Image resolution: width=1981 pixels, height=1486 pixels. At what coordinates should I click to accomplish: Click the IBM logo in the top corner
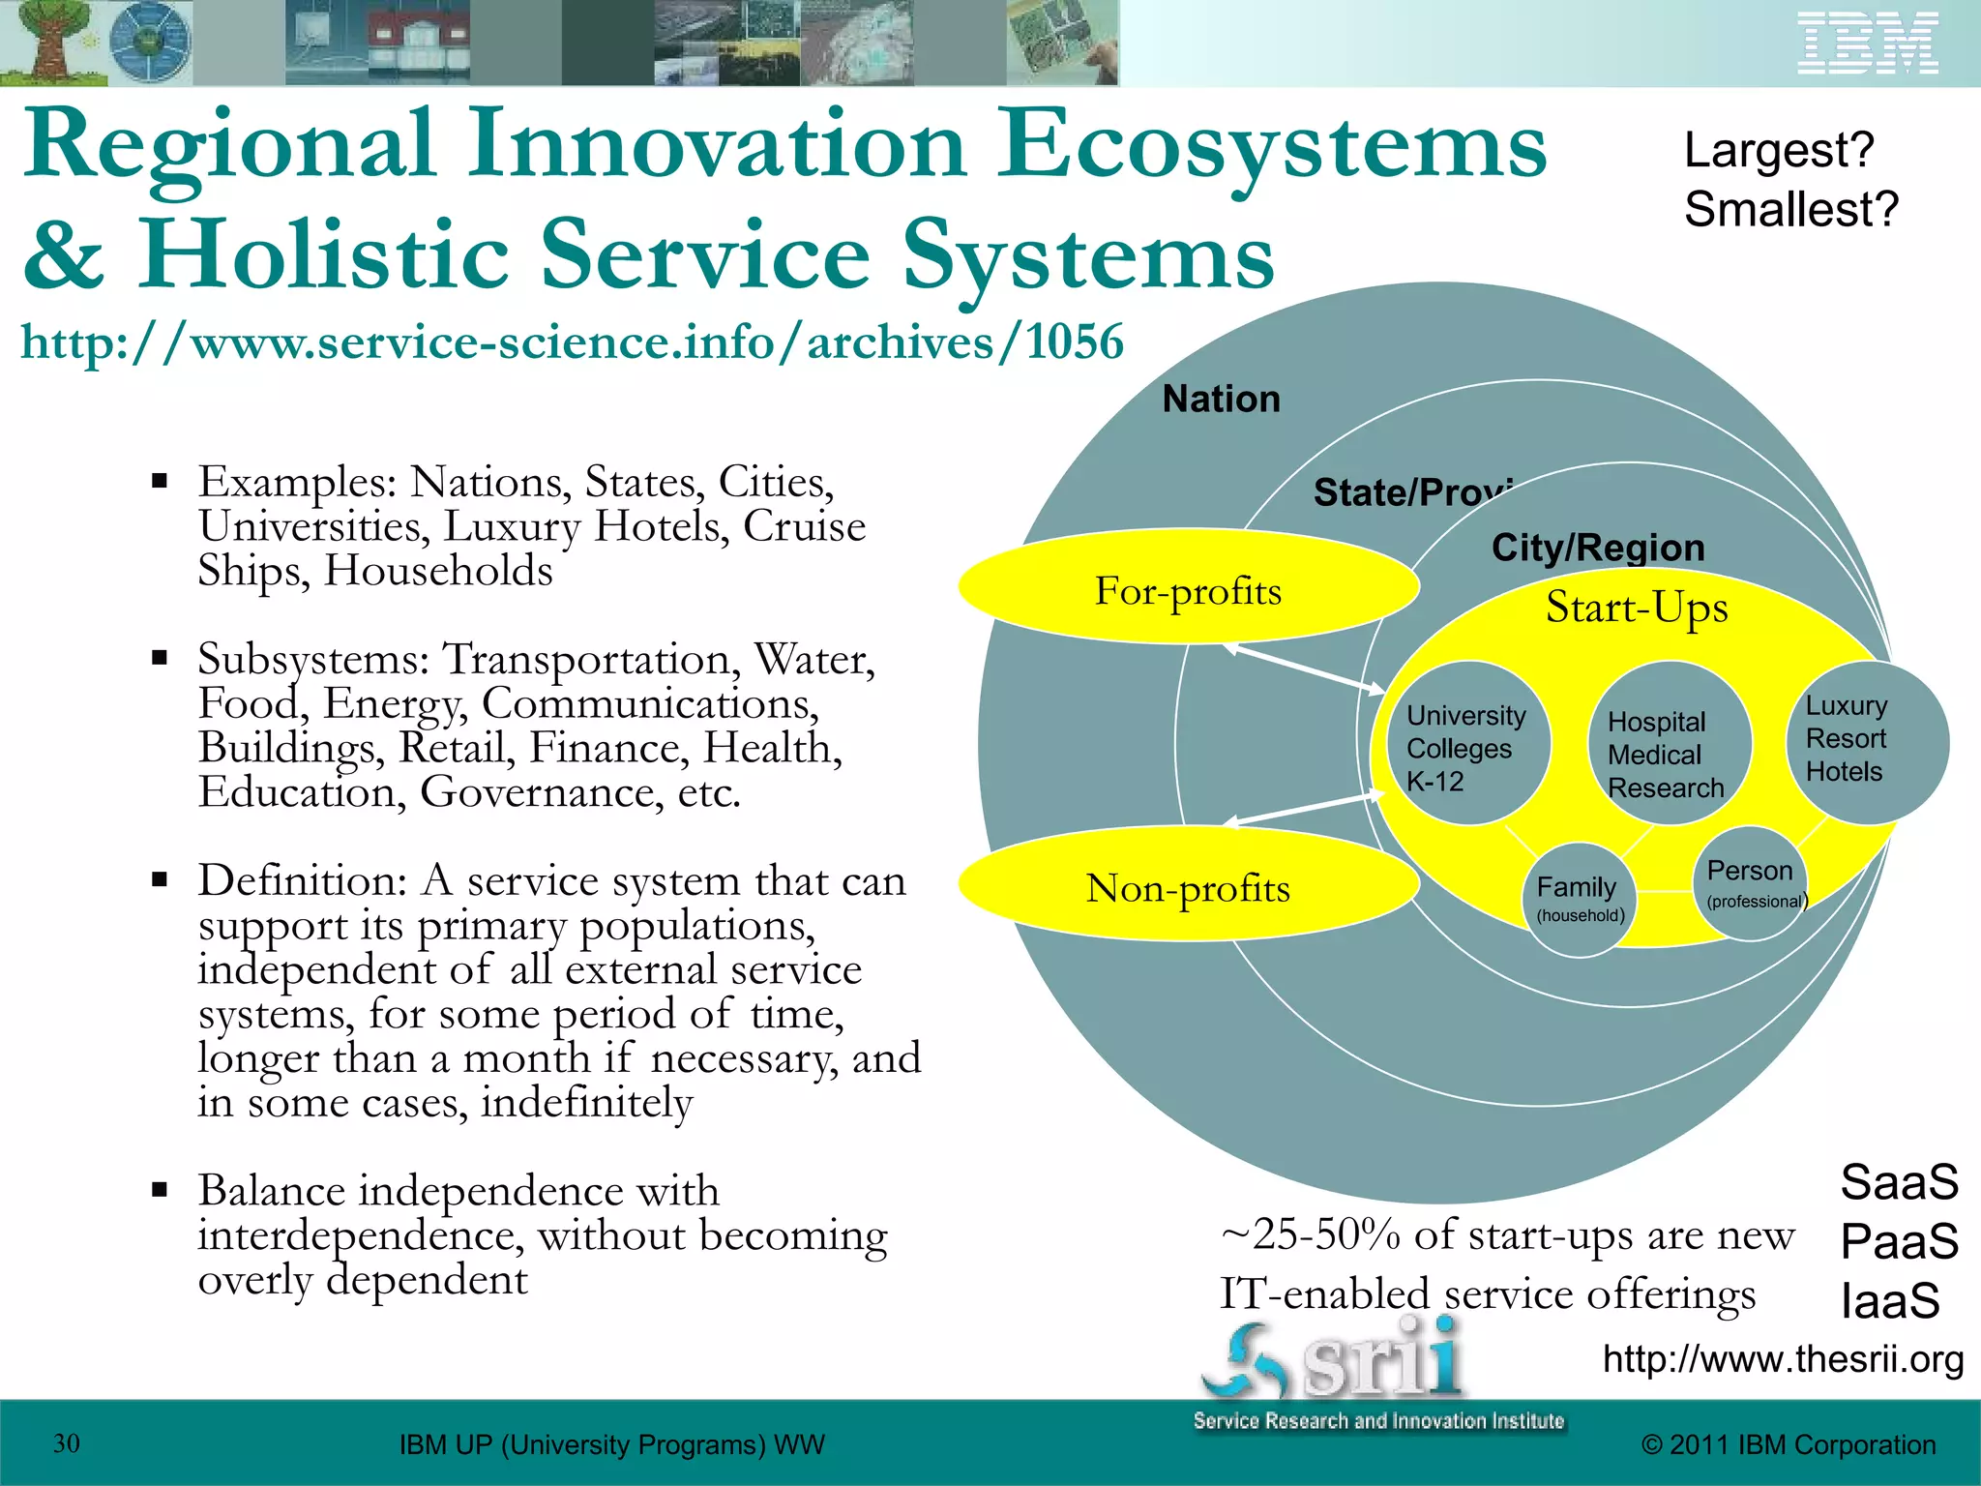1868,44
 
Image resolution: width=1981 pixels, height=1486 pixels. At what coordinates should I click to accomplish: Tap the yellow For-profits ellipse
1188,587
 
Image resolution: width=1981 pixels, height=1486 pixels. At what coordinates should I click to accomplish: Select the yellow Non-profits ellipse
1188,885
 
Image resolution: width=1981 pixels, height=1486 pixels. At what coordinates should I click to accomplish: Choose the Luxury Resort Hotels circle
1865,741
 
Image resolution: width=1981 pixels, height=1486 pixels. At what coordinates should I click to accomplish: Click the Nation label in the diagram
1221,399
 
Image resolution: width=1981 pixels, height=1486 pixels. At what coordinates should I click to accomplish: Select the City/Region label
1598,548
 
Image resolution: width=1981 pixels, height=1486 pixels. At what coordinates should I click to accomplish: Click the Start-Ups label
1637,608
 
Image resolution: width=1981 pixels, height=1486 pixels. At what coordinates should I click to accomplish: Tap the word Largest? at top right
1778,150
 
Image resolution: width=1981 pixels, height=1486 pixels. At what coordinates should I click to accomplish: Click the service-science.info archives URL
572,342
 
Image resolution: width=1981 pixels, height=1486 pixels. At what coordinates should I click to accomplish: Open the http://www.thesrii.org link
1783,1359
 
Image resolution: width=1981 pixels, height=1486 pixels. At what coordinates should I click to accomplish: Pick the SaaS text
1898,1182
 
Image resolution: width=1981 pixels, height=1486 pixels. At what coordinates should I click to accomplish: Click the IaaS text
1889,1301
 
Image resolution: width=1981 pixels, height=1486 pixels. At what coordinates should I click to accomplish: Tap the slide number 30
67,1443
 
